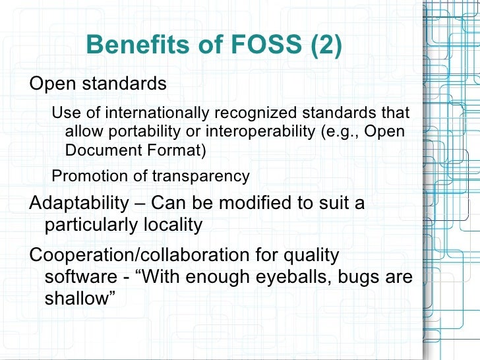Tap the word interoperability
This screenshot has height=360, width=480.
point(258,131)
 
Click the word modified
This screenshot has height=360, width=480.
point(252,203)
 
